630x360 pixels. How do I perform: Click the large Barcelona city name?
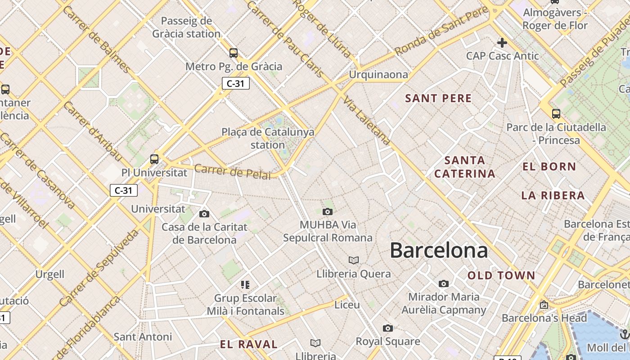point(439,250)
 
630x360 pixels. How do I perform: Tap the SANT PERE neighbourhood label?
point(438,99)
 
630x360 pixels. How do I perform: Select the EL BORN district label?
point(549,166)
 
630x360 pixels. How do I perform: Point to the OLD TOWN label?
point(501,275)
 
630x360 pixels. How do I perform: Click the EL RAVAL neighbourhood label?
point(248,345)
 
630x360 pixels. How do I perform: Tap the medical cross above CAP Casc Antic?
point(502,43)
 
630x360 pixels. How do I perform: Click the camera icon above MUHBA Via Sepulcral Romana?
point(328,211)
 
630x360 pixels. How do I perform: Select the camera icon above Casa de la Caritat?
point(204,214)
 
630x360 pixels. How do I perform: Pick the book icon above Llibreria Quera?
point(354,260)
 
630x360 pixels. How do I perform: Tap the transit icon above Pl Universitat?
point(154,159)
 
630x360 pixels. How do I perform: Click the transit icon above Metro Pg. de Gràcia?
point(233,53)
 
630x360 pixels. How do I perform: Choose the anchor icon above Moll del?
point(624,334)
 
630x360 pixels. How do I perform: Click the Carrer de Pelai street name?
point(233,171)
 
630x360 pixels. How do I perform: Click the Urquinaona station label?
point(378,75)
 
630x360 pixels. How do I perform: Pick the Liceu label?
point(347,305)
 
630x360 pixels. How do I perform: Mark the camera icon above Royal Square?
point(388,328)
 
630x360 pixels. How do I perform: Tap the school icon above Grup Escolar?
point(245,284)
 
